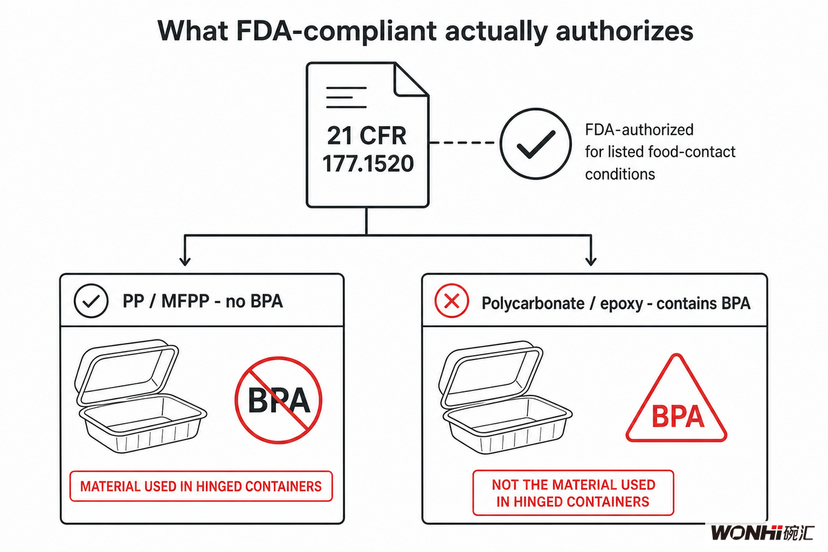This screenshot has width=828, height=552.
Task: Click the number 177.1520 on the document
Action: click(368, 164)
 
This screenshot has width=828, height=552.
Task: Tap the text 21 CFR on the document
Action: click(366, 136)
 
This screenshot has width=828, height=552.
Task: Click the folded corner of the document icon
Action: click(411, 79)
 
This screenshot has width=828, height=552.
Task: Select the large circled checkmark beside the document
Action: click(535, 144)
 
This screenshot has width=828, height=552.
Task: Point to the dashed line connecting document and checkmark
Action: click(462, 142)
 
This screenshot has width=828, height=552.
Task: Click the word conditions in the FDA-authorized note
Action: click(620, 174)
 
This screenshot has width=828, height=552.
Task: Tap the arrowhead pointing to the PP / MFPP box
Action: click(185, 261)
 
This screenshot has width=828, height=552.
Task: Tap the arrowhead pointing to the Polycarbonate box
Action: click(591, 261)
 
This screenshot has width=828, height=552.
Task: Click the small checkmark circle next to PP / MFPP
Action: click(91, 301)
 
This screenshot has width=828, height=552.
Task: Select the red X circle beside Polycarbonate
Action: click(452, 301)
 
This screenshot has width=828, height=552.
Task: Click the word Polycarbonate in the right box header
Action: click(533, 304)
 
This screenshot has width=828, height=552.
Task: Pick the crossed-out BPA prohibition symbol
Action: click(278, 400)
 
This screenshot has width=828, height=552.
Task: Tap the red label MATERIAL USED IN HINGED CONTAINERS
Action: click(201, 486)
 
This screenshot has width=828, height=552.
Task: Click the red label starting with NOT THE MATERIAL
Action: click(573, 493)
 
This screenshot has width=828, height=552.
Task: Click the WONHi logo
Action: click(762, 533)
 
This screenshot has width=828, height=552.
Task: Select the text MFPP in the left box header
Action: click(185, 301)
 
